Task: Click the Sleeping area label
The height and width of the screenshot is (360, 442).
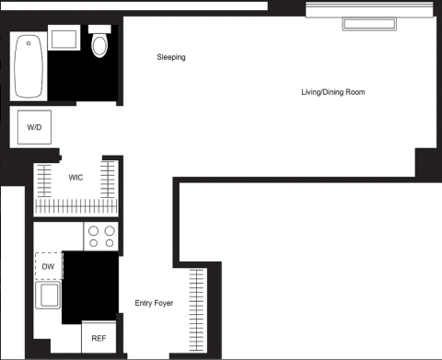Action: (171, 57)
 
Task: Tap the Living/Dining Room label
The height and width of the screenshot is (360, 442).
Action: (333, 92)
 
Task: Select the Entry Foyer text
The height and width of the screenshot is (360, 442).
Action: (154, 303)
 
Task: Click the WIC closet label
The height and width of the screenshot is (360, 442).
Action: (76, 178)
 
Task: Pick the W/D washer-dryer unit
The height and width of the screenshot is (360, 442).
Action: (34, 127)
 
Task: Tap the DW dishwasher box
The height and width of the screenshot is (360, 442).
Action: (49, 266)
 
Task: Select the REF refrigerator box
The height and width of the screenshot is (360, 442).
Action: (99, 337)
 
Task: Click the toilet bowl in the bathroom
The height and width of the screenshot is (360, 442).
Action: (99, 46)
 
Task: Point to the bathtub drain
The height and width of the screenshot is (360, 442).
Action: (29, 43)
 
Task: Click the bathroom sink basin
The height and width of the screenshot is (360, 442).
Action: (64, 40)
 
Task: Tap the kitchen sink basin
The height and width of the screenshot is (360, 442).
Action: (48, 295)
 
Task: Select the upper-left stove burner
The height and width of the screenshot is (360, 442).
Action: (94, 230)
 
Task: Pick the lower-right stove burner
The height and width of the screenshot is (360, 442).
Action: (110, 243)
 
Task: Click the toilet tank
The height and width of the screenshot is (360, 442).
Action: (99, 29)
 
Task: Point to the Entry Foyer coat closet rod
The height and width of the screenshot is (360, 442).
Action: (196, 310)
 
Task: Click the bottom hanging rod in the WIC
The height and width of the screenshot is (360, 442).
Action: (76, 206)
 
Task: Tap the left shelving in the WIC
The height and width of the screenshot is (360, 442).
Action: (44, 180)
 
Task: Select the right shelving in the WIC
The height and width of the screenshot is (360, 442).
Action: (108, 180)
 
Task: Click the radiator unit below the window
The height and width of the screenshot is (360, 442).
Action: (369, 24)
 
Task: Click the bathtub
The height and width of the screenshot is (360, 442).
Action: (29, 66)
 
